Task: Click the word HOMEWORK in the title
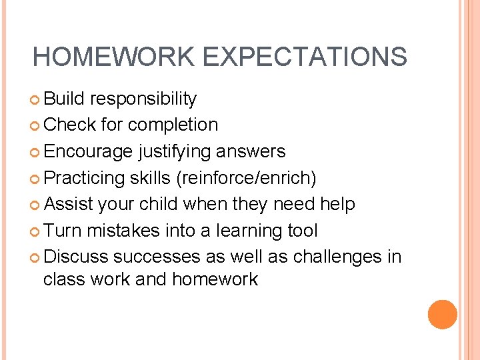point(114,57)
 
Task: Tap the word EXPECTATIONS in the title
point(305,57)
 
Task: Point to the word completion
point(173,125)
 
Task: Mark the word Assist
point(69,204)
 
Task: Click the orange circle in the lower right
point(442,315)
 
